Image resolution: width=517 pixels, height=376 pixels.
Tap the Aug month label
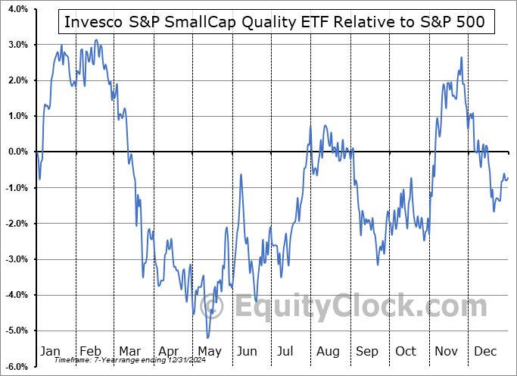pos(329,352)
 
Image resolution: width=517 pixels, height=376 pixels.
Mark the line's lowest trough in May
pos(207,338)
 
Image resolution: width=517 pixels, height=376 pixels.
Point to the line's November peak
pos(461,58)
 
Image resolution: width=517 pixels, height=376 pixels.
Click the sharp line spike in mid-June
pos(241,175)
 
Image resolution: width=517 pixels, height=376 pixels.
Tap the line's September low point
pos(377,264)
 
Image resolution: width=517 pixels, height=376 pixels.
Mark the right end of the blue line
pos(508,178)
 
